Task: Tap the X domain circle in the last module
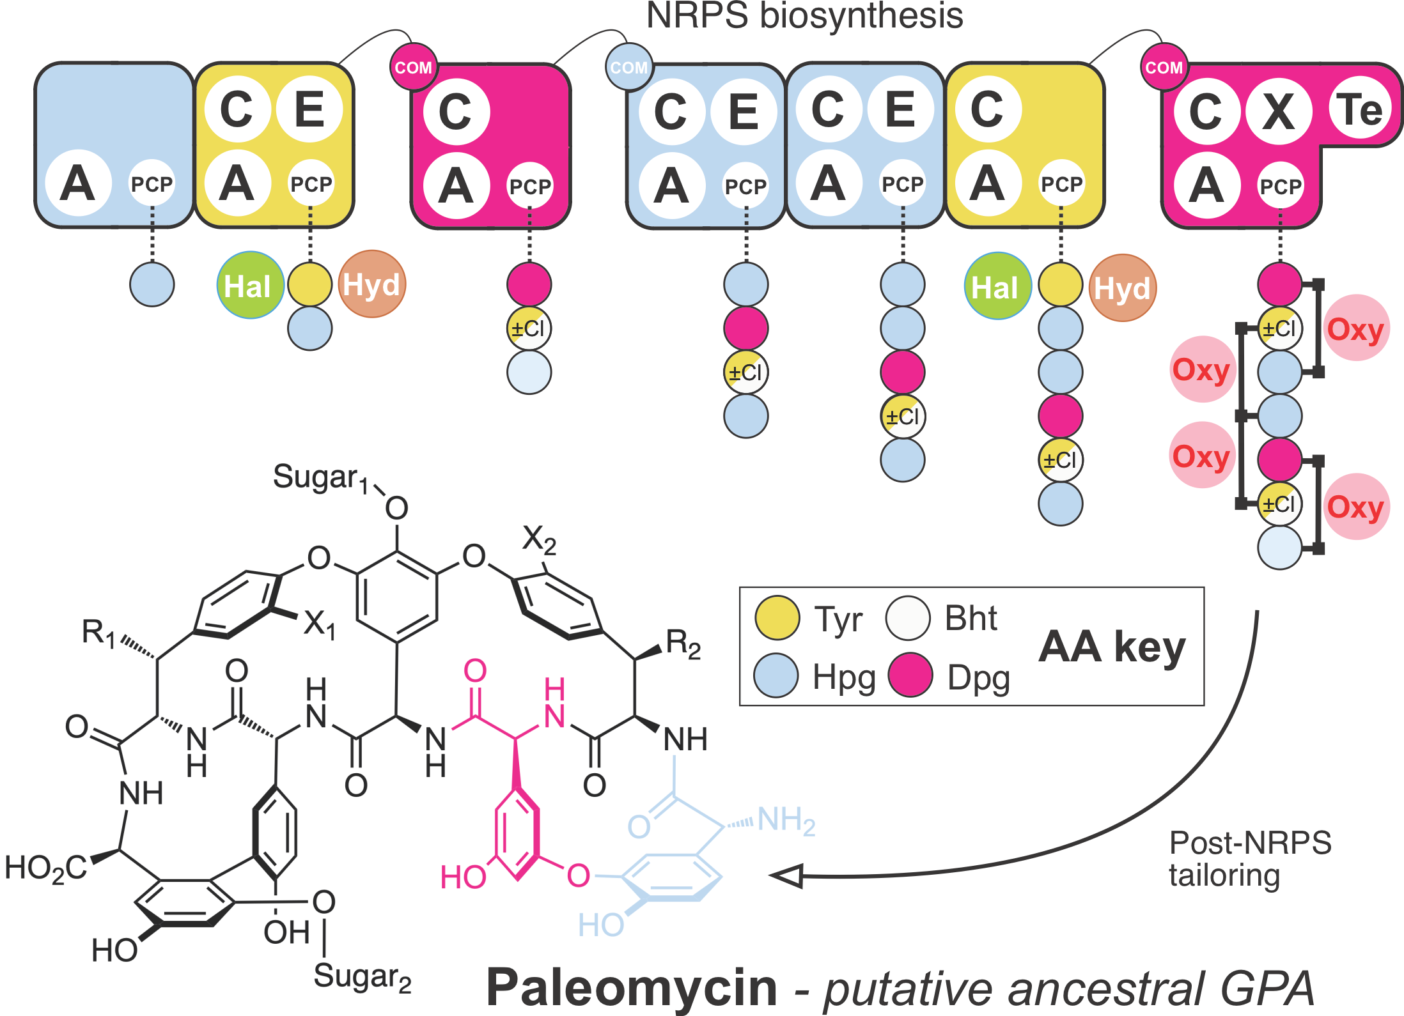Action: [1279, 111]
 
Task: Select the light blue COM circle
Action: [628, 67]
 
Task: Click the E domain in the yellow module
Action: [309, 109]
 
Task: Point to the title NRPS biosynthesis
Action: [804, 16]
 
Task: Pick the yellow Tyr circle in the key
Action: [777, 618]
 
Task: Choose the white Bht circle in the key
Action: [907, 618]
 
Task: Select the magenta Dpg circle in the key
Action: [910, 675]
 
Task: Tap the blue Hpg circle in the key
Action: [776, 675]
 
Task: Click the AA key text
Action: [1112, 647]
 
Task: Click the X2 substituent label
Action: [539, 539]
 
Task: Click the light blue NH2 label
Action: [786, 820]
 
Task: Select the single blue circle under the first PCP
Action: [152, 284]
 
